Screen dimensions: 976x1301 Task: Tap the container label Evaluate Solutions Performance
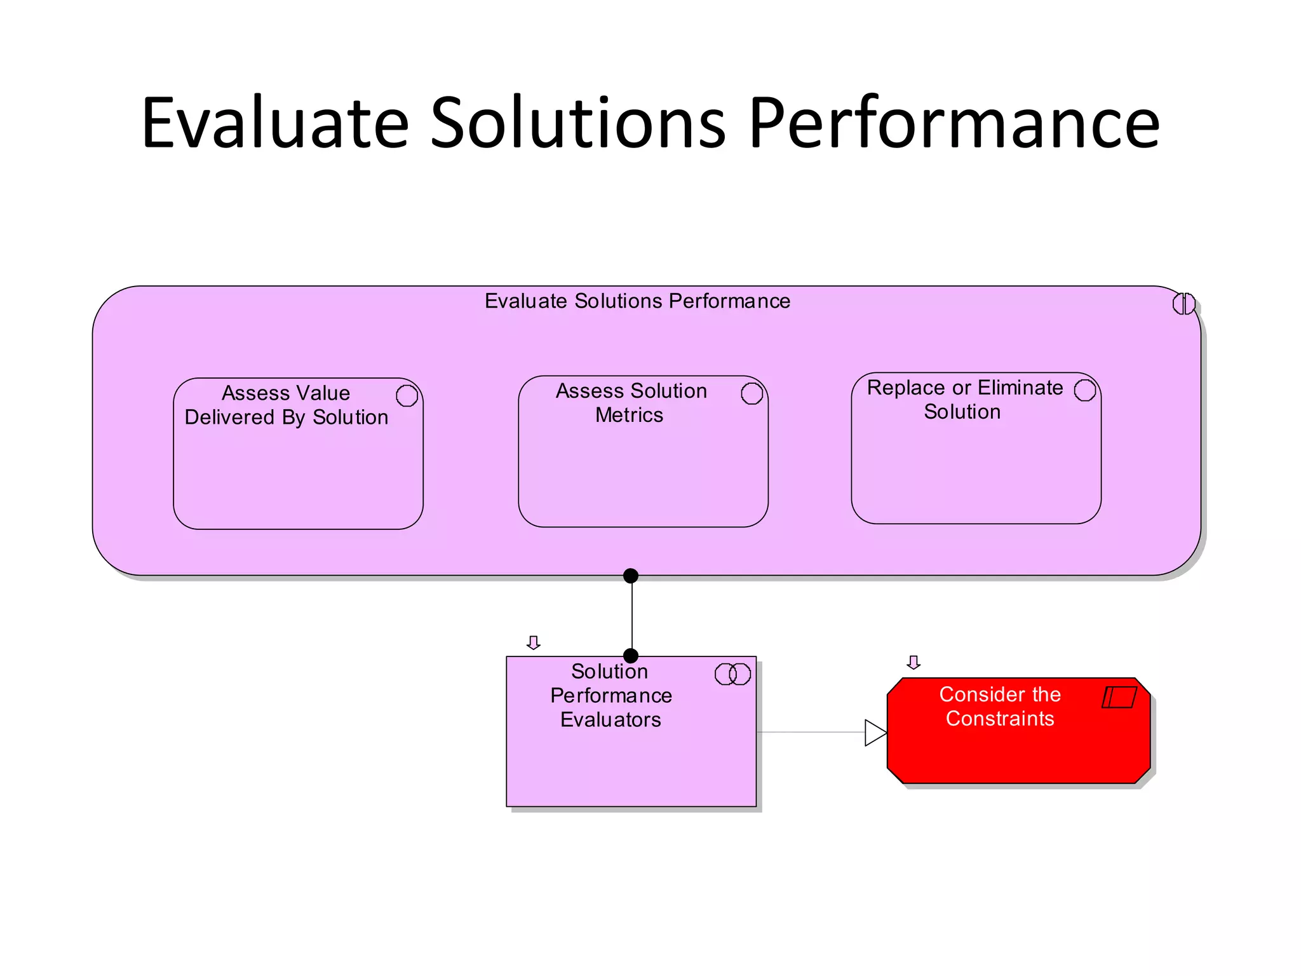(637, 301)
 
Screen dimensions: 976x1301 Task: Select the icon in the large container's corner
(1183, 304)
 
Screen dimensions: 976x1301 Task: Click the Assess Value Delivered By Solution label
(286, 405)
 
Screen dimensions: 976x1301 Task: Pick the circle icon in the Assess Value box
(407, 395)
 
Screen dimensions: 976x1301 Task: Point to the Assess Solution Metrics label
(631, 402)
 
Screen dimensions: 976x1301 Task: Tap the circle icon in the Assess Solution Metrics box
(752, 393)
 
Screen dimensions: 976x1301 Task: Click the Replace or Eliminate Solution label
(964, 399)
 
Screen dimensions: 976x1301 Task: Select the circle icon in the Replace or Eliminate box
(1084, 390)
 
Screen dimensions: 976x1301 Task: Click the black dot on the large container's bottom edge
(631, 576)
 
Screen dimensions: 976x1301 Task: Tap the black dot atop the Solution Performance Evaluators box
(631, 656)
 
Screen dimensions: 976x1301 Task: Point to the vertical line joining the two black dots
(632, 616)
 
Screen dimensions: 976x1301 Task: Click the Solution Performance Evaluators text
(610, 695)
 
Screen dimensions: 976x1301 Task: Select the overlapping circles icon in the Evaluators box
(732, 674)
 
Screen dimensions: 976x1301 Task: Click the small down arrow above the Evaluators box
(534, 643)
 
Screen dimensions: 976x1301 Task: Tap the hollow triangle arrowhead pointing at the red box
(875, 733)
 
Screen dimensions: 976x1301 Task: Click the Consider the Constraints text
(1000, 706)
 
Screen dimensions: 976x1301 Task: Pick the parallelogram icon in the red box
(1119, 697)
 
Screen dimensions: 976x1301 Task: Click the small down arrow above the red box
(913, 663)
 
